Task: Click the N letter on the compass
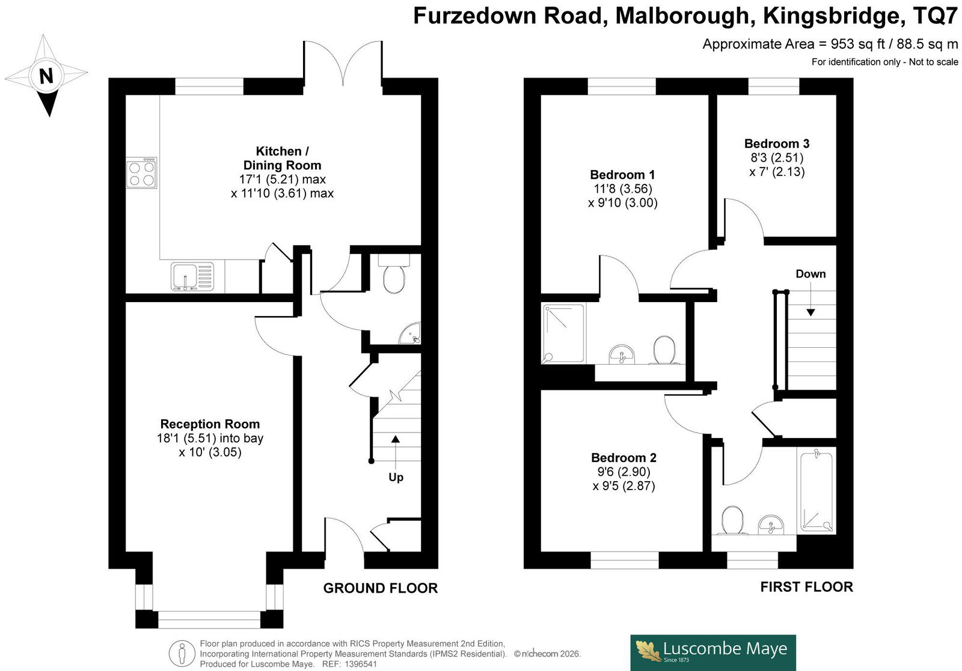pyautogui.click(x=46, y=76)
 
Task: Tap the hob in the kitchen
pyautogui.click(x=142, y=173)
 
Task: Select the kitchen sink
pyautogui.click(x=192, y=276)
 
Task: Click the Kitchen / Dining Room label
pyautogui.click(x=282, y=158)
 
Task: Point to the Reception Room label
pyautogui.click(x=210, y=424)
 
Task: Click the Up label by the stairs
pyautogui.click(x=396, y=477)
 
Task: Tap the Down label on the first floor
pyautogui.click(x=810, y=274)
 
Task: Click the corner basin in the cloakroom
pyautogui.click(x=410, y=333)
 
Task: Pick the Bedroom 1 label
pyautogui.click(x=622, y=175)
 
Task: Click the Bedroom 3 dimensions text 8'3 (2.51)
pyautogui.click(x=777, y=157)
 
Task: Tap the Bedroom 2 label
pyautogui.click(x=623, y=457)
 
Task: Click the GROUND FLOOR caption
pyautogui.click(x=381, y=588)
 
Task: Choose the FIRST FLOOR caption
pyautogui.click(x=806, y=586)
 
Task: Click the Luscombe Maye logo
pyautogui.click(x=713, y=652)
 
